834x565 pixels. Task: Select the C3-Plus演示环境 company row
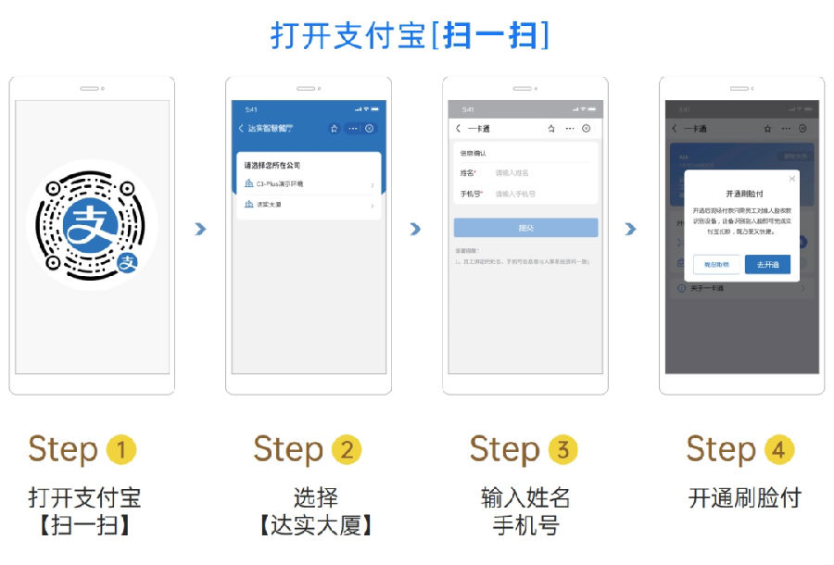click(x=309, y=184)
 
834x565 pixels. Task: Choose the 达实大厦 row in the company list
click(x=309, y=204)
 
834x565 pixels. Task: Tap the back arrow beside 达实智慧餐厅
click(x=241, y=129)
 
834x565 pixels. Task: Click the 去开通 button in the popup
click(x=767, y=265)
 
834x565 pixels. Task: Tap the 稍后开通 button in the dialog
click(x=716, y=265)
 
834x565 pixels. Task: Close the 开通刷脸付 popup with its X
click(x=791, y=178)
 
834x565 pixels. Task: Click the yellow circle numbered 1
click(x=121, y=451)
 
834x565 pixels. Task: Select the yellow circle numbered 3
click(x=562, y=451)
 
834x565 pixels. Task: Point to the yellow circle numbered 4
click(x=778, y=451)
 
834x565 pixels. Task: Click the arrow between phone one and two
click(x=200, y=229)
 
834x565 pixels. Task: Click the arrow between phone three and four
click(x=631, y=229)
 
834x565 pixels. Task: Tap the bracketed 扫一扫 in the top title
click(x=488, y=35)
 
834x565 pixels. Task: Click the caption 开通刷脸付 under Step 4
click(x=744, y=498)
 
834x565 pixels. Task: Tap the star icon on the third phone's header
click(x=551, y=129)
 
